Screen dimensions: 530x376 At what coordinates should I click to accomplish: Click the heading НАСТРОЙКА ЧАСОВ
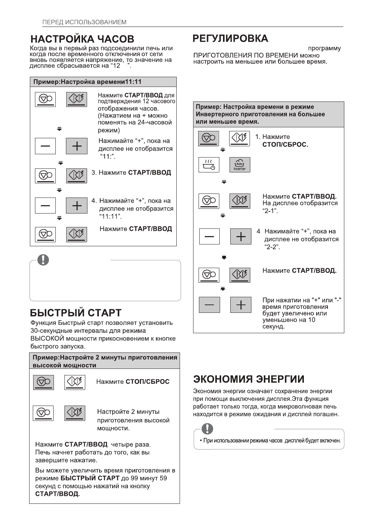(82, 39)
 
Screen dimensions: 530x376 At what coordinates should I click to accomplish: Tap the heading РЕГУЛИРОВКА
(230, 38)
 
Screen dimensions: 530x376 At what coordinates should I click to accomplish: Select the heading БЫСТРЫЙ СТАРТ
(76, 313)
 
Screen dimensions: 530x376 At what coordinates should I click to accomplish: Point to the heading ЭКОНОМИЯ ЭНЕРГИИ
(249, 379)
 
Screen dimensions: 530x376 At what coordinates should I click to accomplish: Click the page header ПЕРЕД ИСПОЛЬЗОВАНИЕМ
(85, 22)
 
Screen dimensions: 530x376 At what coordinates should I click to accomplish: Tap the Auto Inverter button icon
(240, 165)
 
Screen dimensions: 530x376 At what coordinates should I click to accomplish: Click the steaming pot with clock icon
(209, 165)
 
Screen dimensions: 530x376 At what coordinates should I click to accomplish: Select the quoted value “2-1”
(270, 211)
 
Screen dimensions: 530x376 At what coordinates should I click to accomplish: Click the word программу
(324, 48)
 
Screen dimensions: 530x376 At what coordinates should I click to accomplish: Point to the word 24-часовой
(154, 123)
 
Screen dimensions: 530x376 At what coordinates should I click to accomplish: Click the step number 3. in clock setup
(94, 172)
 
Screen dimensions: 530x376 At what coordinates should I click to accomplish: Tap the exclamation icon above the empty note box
(43, 259)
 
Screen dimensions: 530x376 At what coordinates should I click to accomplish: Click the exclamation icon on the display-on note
(207, 429)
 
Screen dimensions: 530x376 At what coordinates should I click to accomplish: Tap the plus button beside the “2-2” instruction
(240, 237)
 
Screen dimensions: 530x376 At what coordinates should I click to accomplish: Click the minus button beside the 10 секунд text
(209, 305)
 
